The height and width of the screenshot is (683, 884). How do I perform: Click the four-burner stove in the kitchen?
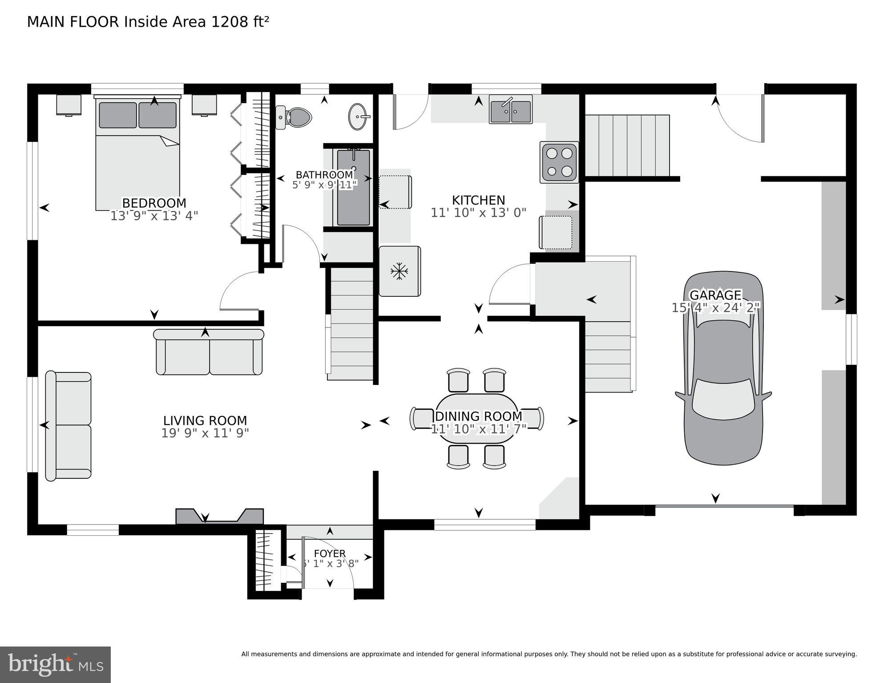click(x=559, y=162)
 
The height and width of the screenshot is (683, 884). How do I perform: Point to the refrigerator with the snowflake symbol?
click(x=399, y=271)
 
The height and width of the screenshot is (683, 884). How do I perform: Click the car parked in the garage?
click(x=723, y=368)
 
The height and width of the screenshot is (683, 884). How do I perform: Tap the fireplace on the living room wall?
click(x=220, y=516)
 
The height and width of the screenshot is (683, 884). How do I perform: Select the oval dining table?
click(x=476, y=418)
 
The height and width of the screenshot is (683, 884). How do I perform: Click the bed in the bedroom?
click(x=137, y=154)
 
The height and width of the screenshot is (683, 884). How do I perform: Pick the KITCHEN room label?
click(x=478, y=200)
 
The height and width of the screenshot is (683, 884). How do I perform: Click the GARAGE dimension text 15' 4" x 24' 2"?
click(x=715, y=307)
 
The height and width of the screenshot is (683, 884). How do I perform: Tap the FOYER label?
click(x=329, y=553)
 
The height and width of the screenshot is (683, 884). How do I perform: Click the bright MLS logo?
click(x=55, y=665)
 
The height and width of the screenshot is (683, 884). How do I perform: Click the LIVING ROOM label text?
click(x=205, y=420)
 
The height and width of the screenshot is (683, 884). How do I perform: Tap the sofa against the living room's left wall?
click(x=69, y=426)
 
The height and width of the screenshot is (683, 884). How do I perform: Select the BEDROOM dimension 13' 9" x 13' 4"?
click(x=154, y=216)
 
